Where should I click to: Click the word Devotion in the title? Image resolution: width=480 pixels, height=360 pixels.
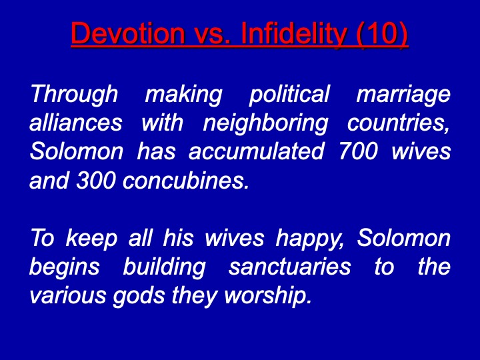(x=128, y=33)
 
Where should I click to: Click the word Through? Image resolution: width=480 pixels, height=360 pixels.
(x=74, y=94)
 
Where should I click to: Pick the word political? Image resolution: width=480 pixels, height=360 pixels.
(x=289, y=94)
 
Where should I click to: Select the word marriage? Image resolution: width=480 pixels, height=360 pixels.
(x=403, y=95)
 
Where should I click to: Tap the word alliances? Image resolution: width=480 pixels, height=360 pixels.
(x=76, y=123)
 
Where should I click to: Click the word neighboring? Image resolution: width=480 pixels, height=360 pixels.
(x=265, y=124)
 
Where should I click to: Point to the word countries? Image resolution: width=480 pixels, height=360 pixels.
(x=399, y=123)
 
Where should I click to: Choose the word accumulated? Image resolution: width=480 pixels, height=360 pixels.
(x=256, y=151)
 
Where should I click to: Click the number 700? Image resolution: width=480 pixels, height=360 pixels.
(x=358, y=151)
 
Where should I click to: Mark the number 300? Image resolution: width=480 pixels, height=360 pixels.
(x=95, y=180)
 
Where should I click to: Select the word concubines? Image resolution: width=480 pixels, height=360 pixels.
(x=186, y=180)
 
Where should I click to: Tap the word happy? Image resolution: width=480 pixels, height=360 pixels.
(x=310, y=239)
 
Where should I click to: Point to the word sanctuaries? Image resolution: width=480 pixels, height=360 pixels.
(x=289, y=267)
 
